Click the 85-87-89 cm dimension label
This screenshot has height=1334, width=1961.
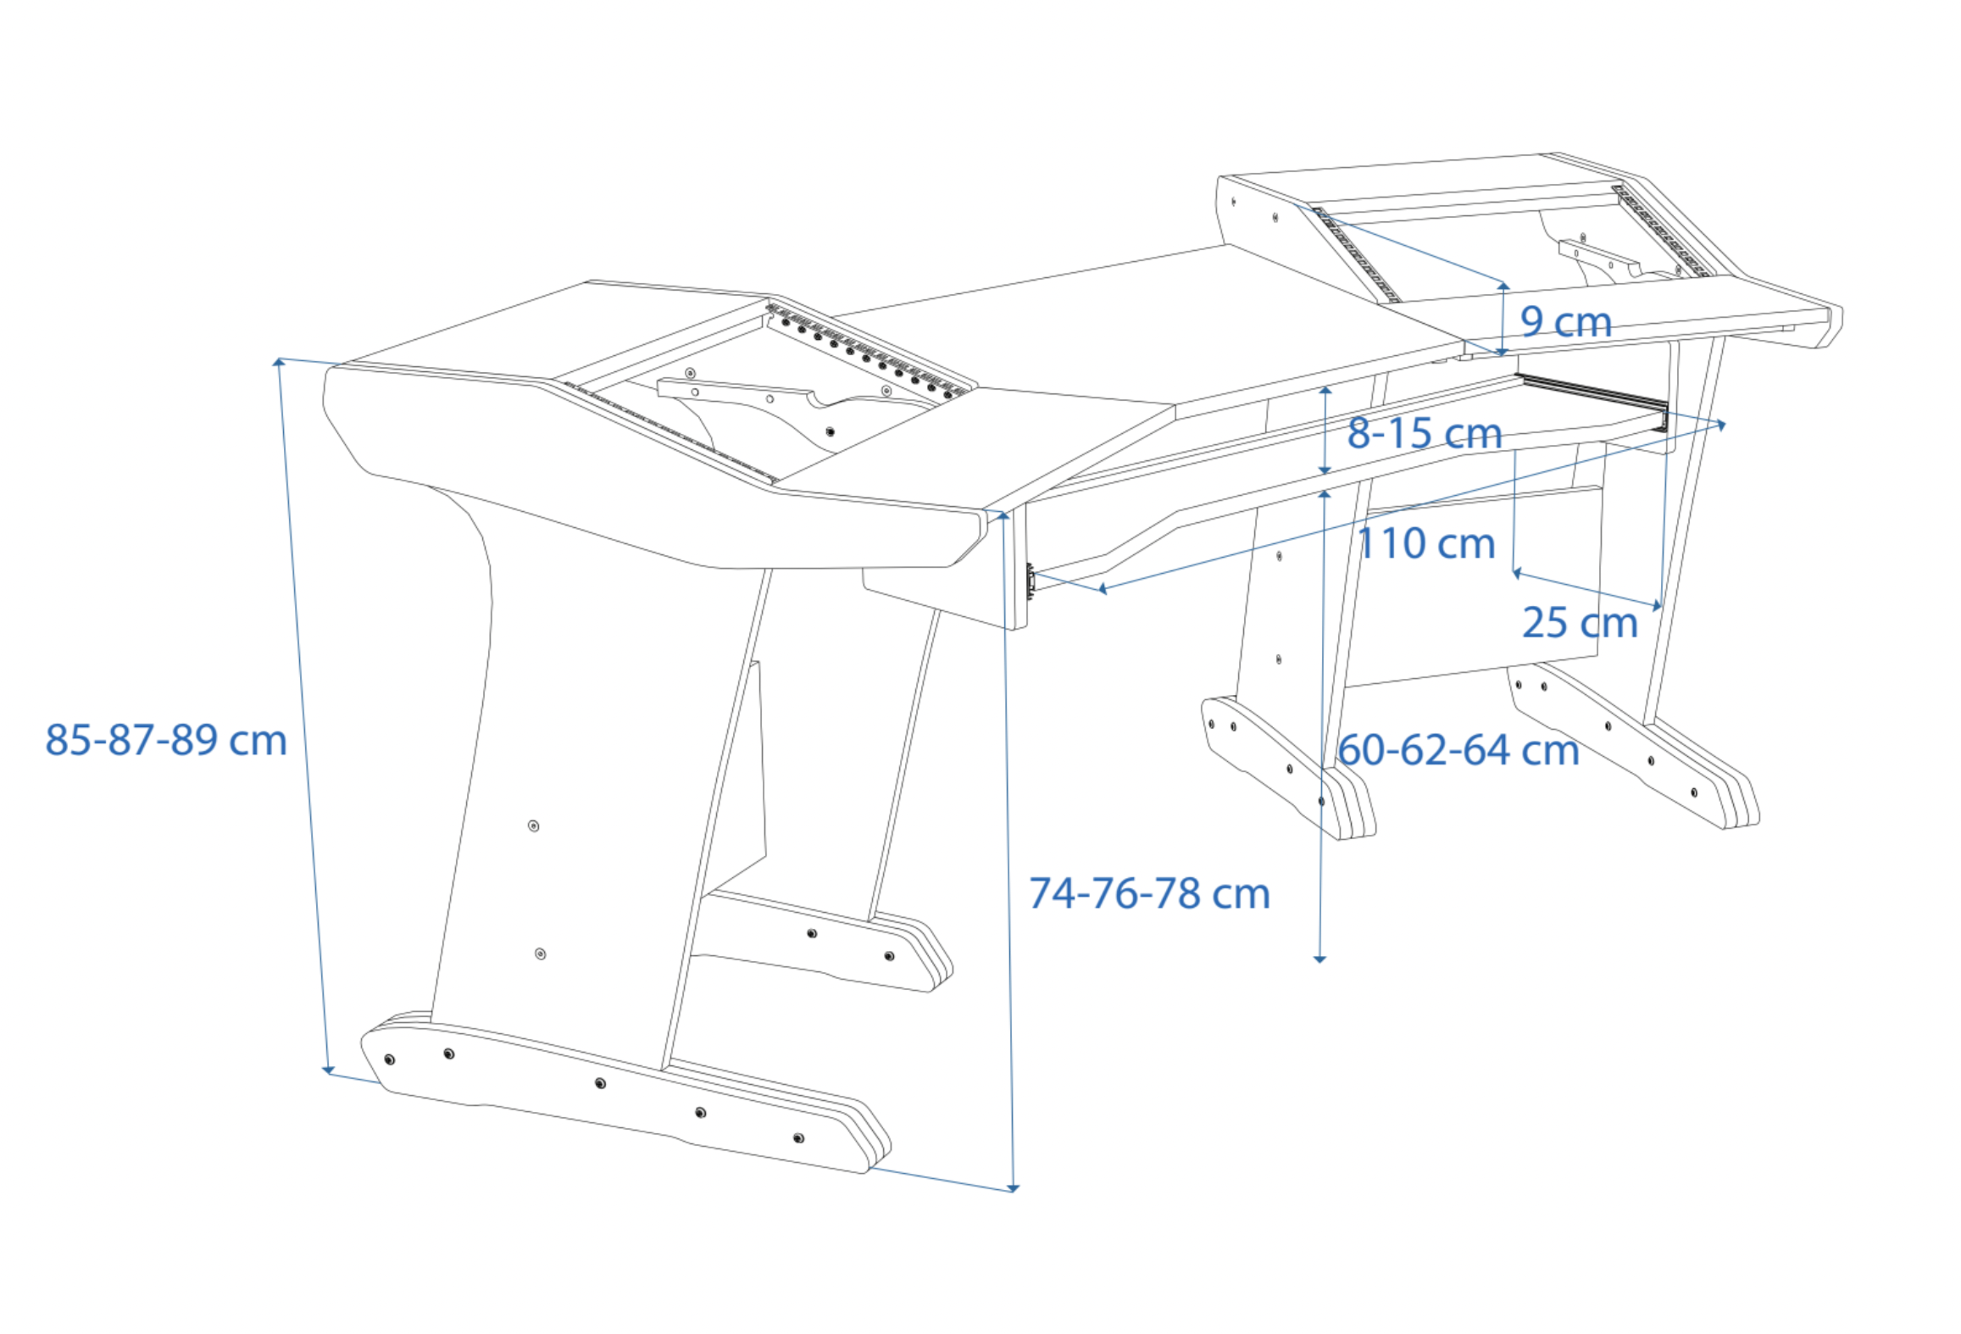point(166,741)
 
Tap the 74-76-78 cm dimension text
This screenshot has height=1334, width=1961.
point(1149,894)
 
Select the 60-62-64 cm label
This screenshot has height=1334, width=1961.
point(1458,751)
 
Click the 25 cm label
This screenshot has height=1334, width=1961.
point(1580,624)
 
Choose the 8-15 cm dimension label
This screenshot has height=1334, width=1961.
point(1425,434)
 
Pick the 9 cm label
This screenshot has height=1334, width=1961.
point(1565,322)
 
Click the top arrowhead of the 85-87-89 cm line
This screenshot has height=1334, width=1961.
point(278,363)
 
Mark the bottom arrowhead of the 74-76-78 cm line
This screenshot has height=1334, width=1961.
point(1014,1188)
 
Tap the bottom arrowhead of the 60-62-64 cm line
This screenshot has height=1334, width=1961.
point(1319,959)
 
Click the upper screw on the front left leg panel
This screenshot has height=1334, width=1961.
point(534,826)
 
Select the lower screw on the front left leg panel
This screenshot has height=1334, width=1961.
point(541,954)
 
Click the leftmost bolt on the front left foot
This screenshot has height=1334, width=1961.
point(390,1060)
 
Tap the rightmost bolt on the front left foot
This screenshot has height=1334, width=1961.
point(798,1138)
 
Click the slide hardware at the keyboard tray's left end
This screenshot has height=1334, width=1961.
point(1030,581)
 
